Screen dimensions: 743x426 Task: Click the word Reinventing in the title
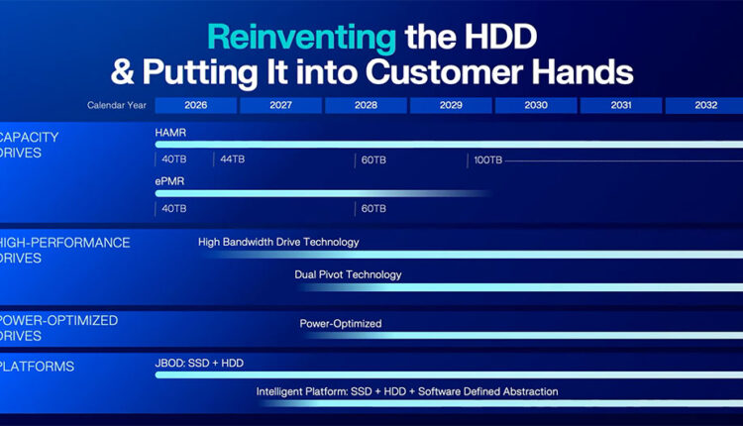coord(302,38)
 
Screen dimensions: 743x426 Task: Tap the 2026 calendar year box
coord(196,105)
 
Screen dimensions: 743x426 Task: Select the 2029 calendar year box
coord(451,105)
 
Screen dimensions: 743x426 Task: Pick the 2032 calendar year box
coord(704,105)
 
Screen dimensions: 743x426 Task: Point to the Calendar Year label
coord(117,105)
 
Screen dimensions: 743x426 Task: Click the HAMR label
coord(170,133)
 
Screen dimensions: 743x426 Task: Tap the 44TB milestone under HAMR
coord(232,160)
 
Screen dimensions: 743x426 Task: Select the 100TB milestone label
coord(488,160)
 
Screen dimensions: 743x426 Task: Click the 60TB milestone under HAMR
coord(373,160)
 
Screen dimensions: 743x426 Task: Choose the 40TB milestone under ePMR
coord(174,208)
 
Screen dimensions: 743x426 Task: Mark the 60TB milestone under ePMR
coord(373,208)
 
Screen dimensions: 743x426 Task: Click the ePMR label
coord(169,181)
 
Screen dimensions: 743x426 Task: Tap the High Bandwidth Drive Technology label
coord(278,242)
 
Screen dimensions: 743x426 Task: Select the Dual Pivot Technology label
coord(348,274)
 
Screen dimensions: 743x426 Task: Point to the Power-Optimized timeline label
coord(341,324)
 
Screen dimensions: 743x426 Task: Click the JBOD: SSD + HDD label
coord(199,364)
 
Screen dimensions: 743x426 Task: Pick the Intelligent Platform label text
coord(407,392)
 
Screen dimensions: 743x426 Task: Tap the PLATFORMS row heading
coord(37,367)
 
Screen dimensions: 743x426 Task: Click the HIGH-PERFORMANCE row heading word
coord(64,243)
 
